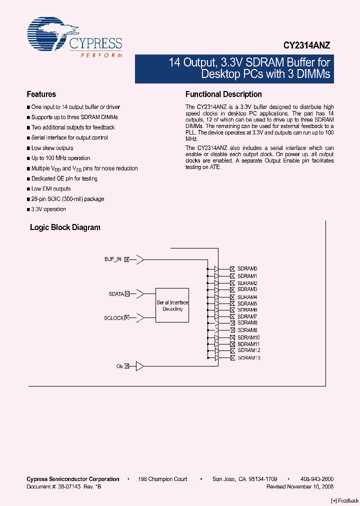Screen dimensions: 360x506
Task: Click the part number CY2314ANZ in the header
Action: coord(306,45)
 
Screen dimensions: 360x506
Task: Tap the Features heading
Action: coord(41,94)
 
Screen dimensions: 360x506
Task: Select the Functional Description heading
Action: coord(223,94)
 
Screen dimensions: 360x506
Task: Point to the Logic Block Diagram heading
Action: coord(65,227)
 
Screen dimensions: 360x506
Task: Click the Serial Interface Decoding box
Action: coord(172,305)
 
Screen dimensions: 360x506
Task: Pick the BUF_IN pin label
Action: coord(112,259)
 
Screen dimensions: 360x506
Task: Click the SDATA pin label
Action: coord(116,294)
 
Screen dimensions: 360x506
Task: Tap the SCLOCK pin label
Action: coord(113,317)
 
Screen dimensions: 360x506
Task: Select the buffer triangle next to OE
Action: coord(140,366)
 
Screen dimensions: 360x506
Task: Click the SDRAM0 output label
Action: coord(247,269)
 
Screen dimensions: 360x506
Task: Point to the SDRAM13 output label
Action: coord(248,357)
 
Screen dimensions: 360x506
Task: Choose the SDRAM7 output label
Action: coord(247,316)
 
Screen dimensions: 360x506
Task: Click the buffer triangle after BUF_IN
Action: coord(140,259)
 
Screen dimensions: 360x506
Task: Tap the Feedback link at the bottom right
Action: coord(345,500)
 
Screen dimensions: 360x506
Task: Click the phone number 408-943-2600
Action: coord(316,479)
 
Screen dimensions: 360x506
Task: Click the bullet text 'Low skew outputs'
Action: coord(52,148)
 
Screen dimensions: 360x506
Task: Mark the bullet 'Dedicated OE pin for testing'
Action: coord(64,178)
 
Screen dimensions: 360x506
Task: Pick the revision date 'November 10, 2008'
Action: coord(310,486)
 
